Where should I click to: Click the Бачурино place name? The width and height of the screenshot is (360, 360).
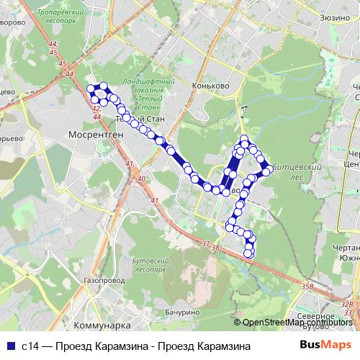(x=181, y=312)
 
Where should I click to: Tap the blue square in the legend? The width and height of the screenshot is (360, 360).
(x=9, y=346)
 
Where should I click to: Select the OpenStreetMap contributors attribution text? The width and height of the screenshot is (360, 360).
(x=297, y=322)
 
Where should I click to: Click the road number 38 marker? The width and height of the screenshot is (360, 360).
(x=215, y=248)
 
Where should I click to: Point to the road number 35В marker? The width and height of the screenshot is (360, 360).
(x=308, y=287)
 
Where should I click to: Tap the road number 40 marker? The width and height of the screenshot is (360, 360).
(x=140, y=179)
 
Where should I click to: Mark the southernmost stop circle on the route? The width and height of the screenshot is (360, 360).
(x=249, y=253)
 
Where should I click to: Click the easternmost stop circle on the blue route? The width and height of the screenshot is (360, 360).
(x=267, y=171)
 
